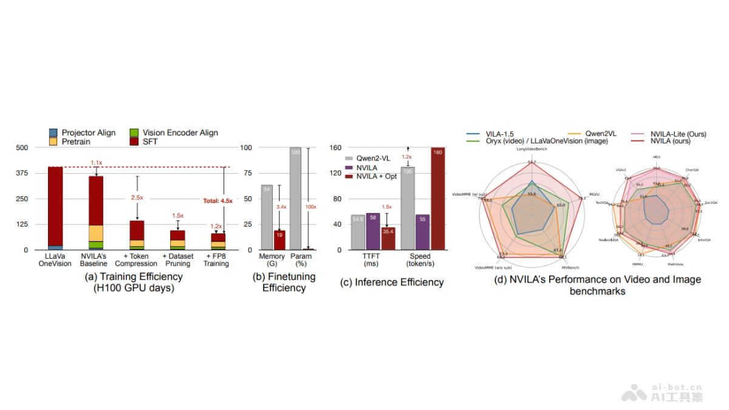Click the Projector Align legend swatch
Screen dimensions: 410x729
coord(53,133)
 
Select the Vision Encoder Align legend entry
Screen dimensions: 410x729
coord(174,133)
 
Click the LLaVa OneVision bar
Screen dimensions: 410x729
coord(55,207)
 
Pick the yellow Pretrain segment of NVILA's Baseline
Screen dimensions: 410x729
coord(96,233)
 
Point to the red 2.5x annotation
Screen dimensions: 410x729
coord(137,198)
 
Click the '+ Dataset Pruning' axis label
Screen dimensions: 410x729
coord(177,260)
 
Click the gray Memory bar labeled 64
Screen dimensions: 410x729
coord(267,217)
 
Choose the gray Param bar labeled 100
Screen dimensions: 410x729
coord(296,198)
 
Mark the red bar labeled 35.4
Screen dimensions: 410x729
coord(388,238)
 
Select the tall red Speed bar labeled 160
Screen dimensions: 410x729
coord(437,198)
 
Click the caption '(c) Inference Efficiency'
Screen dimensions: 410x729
coord(390,282)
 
